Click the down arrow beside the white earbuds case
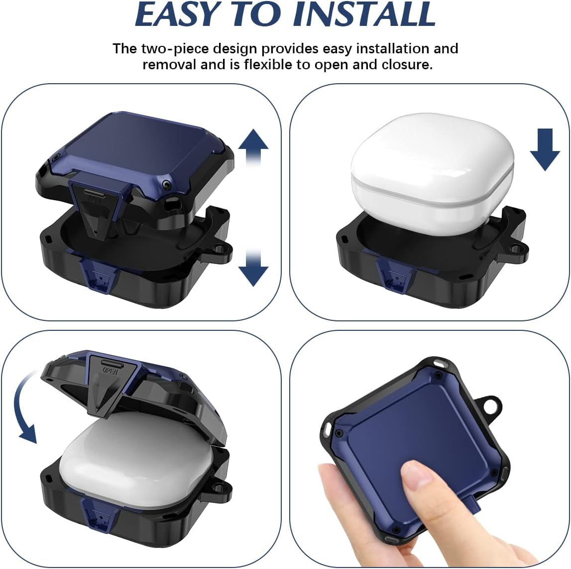pyautogui.click(x=545, y=149)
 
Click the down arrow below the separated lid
pyautogui.click(x=253, y=268)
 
